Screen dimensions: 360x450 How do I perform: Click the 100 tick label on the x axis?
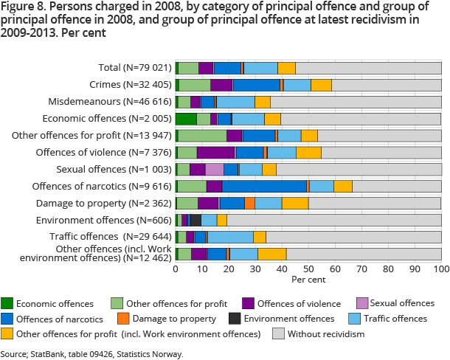coord(441,269)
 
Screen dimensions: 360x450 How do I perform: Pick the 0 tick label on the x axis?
coord(176,269)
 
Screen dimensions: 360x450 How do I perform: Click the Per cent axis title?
coord(308,280)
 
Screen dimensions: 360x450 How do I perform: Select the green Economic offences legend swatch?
coord(7,303)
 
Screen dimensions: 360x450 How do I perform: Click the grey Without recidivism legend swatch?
coord(278,334)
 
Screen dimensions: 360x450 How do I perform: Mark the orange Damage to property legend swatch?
coord(124,319)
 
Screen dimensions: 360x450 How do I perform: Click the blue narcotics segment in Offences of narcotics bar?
coord(264,186)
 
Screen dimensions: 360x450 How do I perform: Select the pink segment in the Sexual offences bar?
coord(215,169)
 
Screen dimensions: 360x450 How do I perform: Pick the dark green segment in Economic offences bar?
coord(186,118)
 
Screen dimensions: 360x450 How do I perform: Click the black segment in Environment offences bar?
coord(195,220)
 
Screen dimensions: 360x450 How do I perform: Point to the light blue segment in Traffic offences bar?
coord(230,237)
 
